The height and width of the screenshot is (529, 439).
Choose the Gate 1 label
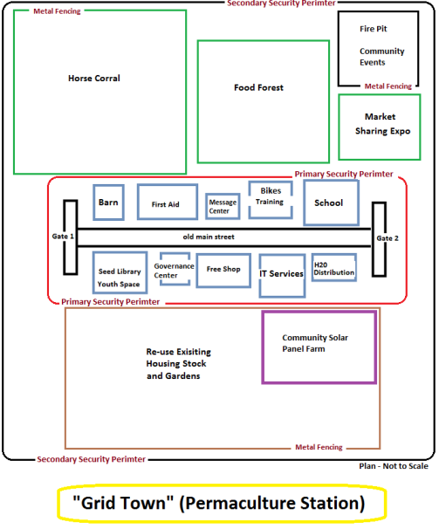coord(63,237)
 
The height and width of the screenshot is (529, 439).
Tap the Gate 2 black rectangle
coord(374,239)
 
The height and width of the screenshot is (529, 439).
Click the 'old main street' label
coord(209,237)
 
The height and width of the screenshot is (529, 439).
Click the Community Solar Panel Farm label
coord(315,343)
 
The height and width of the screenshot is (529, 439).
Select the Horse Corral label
coord(94,79)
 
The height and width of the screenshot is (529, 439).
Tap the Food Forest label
coord(259,87)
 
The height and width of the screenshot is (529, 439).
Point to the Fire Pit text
coord(374,29)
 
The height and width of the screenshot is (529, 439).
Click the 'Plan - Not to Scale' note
coord(394,466)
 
